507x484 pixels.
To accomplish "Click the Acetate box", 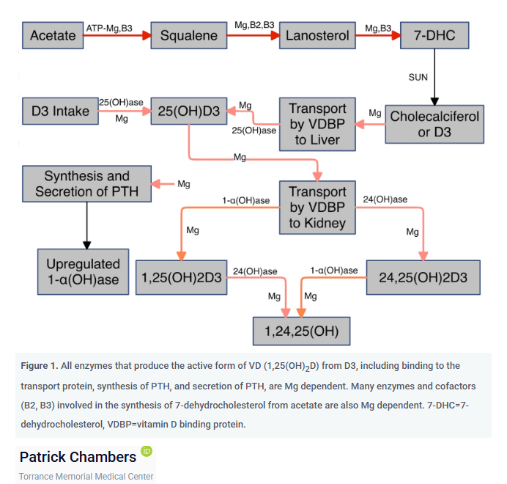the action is point(53,35).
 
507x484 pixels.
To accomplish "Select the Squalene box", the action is point(189,35).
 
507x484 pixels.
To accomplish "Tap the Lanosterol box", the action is point(317,35).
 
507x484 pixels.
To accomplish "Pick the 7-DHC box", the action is point(434,35).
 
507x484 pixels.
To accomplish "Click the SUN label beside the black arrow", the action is point(418,78).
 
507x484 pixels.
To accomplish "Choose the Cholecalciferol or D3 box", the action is point(434,124).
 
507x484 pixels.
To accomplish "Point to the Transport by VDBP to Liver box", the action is point(317,124).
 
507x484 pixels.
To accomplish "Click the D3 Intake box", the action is point(61,111).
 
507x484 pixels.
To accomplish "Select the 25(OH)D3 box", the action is point(189,111).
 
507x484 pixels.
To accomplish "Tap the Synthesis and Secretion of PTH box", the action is point(86,184).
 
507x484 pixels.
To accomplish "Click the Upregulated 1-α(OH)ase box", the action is point(83,271).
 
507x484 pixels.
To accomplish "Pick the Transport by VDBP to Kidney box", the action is point(317,208).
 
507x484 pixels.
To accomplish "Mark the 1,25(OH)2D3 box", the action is point(182,277).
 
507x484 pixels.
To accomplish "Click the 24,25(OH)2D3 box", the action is point(423,277).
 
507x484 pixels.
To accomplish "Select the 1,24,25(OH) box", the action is point(302,331).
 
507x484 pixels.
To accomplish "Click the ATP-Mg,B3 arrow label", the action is point(109,28).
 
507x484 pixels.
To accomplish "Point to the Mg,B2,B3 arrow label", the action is point(254,25).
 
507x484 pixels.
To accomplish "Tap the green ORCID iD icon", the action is point(147,451).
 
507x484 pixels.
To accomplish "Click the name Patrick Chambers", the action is point(78,457).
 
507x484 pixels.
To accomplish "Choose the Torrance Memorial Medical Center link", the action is point(86,477).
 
